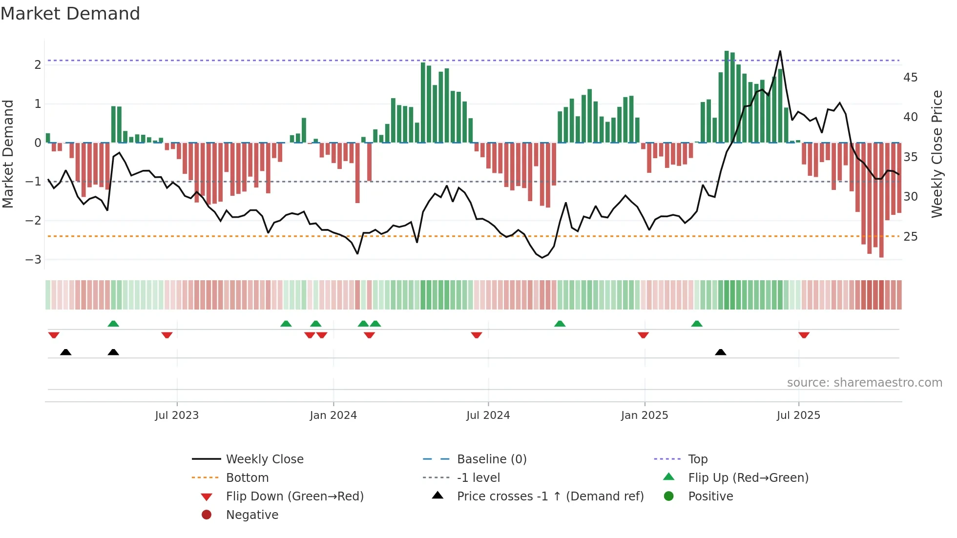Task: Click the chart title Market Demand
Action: (70, 14)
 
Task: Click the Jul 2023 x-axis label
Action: (177, 415)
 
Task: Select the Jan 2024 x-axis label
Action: (333, 415)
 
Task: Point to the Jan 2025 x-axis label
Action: (645, 415)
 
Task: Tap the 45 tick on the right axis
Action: (910, 78)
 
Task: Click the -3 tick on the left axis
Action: (34, 259)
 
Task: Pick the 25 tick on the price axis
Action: (910, 237)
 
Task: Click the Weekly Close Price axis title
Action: (936, 154)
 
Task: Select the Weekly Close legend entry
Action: (264, 459)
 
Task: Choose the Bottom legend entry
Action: (247, 478)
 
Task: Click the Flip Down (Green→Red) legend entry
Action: (294, 497)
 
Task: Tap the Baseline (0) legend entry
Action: (491, 459)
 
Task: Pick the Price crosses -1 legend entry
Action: (550, 497)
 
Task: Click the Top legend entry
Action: (697, 459)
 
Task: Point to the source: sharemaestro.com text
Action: (864, 383)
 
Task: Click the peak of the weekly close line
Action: (780, 51)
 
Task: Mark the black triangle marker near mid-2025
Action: (720, 352)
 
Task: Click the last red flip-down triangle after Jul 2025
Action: (804, 335)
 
